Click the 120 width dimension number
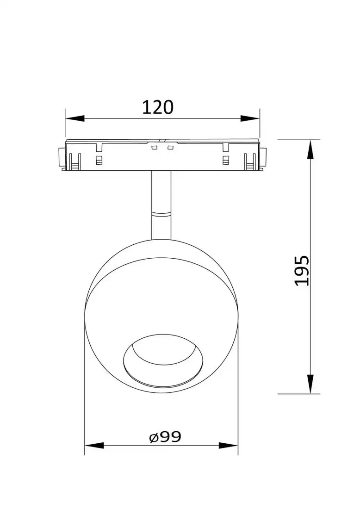[157, 107]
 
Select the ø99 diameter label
[165, 436]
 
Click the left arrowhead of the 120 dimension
[74, 119]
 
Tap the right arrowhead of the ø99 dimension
[229, 446]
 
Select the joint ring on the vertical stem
[161, 214]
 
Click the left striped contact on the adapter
[98, 160]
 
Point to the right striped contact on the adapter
[226, 160]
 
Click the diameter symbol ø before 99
[154, 437]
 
